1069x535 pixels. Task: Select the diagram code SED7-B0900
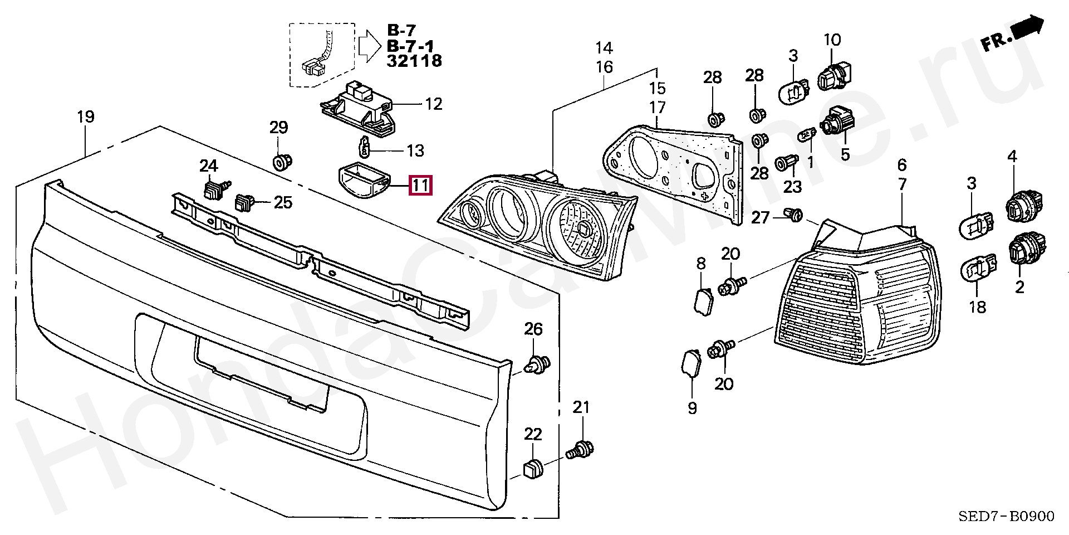(1006, 516)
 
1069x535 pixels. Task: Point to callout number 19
(86, 117)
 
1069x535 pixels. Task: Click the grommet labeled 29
(281, 162)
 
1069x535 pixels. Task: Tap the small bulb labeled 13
(365, 148)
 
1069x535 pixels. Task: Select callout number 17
(657, 108)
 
